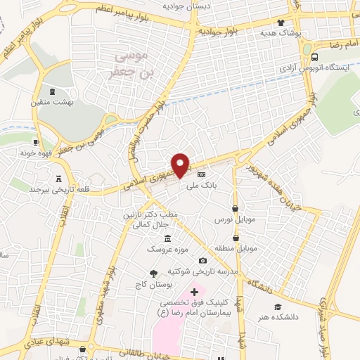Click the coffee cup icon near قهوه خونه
point(35,142)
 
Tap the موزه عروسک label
point(167,250)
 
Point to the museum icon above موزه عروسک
point(167,239)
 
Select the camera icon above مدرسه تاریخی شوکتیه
point(202,261)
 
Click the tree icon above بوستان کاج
point(153,273)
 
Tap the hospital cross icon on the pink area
point(194,290)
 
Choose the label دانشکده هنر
point(278,317)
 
